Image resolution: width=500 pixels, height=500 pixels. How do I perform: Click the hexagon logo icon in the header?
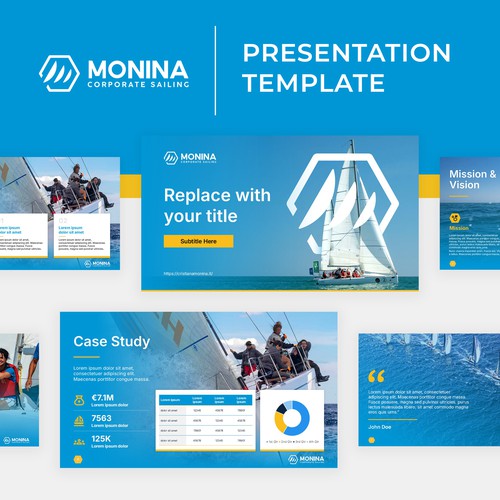59,72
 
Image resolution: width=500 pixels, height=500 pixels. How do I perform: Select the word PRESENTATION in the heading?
346,52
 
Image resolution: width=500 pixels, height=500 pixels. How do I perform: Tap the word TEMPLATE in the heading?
314,84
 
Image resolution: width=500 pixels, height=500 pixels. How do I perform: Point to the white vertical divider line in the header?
216,71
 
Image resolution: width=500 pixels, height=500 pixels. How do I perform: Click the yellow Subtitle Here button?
198,241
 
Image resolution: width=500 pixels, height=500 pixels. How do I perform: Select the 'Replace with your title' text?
216,204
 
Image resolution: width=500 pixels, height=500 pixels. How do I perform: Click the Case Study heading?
111,342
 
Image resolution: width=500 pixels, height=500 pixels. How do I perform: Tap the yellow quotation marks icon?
376,376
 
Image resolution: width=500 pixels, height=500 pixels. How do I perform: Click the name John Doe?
380,427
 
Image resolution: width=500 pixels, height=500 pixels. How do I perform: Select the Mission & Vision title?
472,179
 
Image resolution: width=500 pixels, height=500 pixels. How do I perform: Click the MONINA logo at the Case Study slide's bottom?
306,459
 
